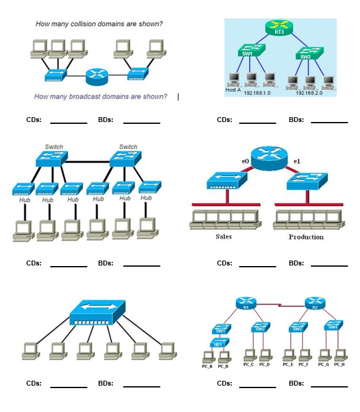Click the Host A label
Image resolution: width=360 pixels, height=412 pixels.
[234, 90]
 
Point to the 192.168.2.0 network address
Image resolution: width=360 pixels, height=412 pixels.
[309, 93]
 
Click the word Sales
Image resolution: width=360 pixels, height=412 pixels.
[223, 237]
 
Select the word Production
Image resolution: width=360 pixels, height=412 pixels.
[306, 237]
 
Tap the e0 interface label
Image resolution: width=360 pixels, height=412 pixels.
[245, 161]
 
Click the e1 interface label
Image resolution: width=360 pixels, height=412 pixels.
[297, 161]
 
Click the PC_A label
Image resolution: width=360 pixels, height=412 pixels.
[207, 365]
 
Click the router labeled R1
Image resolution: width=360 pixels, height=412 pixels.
[245, 305]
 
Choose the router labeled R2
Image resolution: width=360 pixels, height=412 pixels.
[314, 305]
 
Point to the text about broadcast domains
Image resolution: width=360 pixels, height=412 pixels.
[101, 96]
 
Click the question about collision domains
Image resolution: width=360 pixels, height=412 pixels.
[99, 25]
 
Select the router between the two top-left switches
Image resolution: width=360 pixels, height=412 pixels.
[96, 75]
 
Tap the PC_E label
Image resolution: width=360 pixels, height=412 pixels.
[288, 365]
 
